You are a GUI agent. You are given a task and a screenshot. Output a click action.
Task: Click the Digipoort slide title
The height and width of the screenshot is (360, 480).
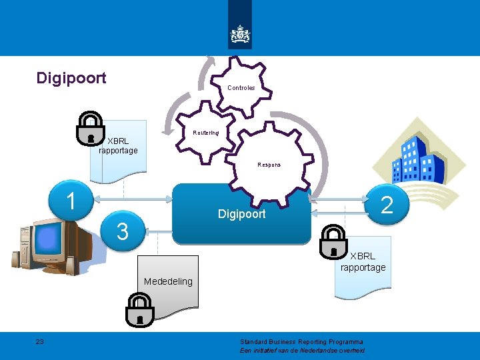(x=71, y=79)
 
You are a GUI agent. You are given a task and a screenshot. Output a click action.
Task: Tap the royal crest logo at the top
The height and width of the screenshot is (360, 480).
(x=240, y=33)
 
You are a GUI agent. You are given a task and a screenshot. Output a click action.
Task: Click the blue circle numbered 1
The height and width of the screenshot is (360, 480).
(x=71, y=200)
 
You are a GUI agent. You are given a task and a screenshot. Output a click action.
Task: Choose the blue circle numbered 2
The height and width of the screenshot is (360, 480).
(x=386, y=205)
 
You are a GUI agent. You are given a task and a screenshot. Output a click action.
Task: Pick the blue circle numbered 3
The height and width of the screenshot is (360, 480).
(x=122, y=231)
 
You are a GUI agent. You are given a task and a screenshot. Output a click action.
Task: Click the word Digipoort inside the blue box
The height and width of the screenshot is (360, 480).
(x=241, y=214)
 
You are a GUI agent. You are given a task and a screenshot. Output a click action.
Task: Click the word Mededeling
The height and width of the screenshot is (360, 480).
(x=168, y=281)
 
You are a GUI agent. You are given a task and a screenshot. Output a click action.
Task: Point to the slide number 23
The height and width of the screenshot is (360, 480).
(x=40, y=342)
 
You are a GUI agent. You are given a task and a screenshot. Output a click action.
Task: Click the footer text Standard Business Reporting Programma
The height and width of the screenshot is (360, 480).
(x=301, y=342)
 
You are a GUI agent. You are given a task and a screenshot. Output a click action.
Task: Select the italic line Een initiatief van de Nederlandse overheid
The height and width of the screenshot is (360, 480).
(x=302, y=351)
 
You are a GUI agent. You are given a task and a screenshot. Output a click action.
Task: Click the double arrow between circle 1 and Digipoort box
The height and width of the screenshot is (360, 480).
(x=132, y=199)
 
